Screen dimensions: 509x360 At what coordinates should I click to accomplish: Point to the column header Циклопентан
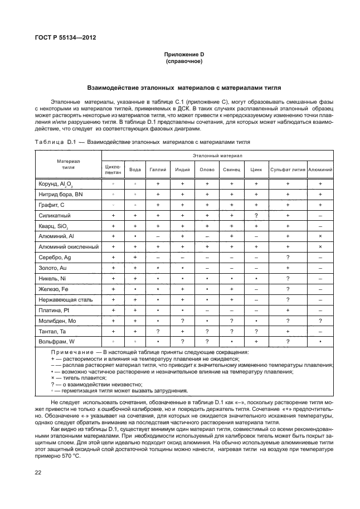click(x=113, y=169)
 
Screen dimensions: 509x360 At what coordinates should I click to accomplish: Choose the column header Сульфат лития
click(x=288, y=169)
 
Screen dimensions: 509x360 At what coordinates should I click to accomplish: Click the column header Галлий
click(x=158, y=169)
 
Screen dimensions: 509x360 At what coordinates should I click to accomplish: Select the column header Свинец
click(x=231, y=169)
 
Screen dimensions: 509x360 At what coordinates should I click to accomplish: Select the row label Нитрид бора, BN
click(x=60, y=194)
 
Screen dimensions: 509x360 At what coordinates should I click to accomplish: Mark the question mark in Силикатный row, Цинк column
click(x=256, y=215)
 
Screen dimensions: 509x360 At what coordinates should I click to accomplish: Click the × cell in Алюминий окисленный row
click(x=320, y=246)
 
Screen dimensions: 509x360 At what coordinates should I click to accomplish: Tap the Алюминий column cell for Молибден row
click(x=320, y=321)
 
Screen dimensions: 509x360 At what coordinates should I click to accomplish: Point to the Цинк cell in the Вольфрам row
click(x=256, y=341)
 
